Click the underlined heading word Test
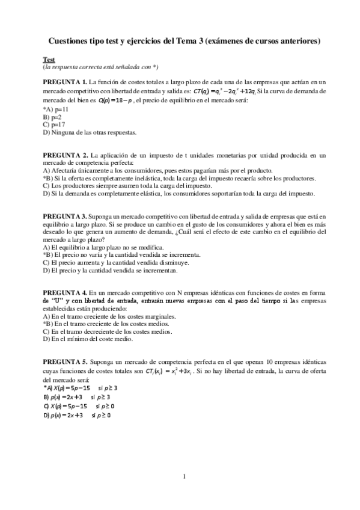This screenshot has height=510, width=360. coord(48,60)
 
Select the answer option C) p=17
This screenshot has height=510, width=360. coord(54,124)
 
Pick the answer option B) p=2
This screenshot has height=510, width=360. coord(53,117)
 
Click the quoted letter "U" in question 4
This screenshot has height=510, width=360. coord(59,300)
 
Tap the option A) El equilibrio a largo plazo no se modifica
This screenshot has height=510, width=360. coord(102,247)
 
